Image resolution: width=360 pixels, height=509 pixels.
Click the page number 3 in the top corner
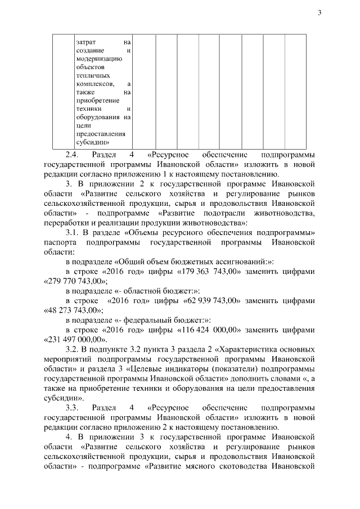[x=319, y=13]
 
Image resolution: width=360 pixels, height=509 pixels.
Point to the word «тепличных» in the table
[x=89, y=75]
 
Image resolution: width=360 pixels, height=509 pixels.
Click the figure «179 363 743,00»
[x=211, y=271]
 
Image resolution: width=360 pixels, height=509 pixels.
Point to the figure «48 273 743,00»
[x=73, y=310]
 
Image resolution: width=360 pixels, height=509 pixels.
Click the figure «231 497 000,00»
[x=75, y=339]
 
